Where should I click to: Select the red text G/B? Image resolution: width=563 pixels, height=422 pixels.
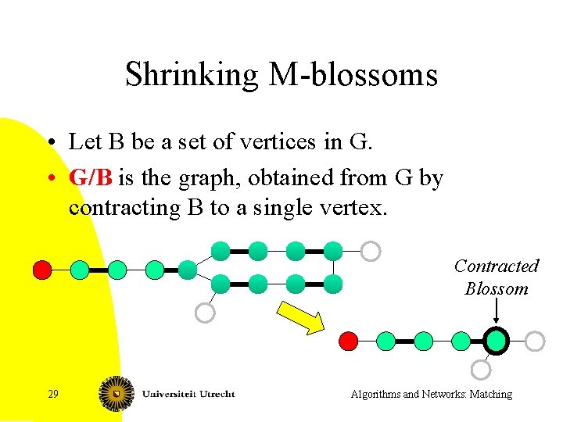[91, 178]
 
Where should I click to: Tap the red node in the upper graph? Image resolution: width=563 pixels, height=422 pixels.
[42, 270]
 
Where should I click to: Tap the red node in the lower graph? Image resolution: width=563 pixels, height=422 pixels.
[349, 341]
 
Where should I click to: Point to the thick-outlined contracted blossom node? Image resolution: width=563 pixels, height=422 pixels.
[496, 341]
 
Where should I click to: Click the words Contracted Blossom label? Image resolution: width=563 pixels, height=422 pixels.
[497, 277]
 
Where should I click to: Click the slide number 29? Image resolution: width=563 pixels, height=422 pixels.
[52, 394]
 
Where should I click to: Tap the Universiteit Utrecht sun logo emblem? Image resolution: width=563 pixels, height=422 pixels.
[116, 393]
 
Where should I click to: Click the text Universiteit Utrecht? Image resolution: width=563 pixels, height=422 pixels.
[188, 393]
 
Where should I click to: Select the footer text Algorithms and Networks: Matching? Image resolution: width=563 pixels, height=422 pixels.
[432, 394]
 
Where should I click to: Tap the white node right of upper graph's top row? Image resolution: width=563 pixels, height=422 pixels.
[371, 251]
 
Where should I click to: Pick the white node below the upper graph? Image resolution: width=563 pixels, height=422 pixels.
[204, 313]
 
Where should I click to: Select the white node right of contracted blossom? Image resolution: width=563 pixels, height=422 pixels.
[534, 341]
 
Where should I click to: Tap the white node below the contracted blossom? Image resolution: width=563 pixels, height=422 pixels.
[482, 370]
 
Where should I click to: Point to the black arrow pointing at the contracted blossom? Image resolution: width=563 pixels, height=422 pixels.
[497, 313]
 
